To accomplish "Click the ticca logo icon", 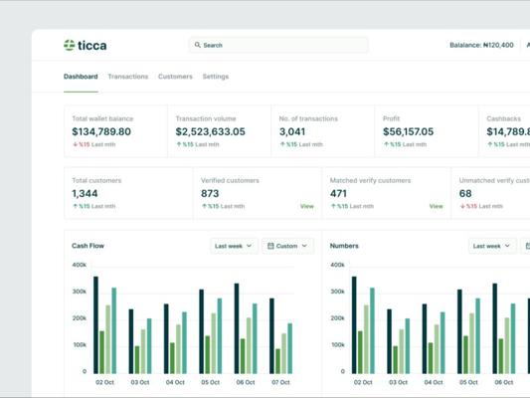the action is pyautogui.click(x=70, y=45).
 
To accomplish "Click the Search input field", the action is pyautogui.click(x=278, y=45).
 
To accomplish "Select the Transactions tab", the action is pyautogui.click(x=127, y=77).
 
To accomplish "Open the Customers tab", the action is pyautogui.click(x=175, y=77).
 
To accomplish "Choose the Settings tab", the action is pyautogui.click(x=216, y=77).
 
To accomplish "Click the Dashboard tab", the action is pyautogui.click(x=81, y=77).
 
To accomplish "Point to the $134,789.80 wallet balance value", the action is pyautogui.click(x=101, y=131).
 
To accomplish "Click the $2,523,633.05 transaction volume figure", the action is pyautogui.click(x=210, y=131).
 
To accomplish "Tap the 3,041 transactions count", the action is pyautogui.click(x=292, y=131).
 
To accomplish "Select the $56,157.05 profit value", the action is pyautogui.click(x=409, y=131).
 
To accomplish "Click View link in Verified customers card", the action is pyautogui.click(x=307, y=206).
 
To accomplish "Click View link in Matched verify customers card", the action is pyautogui.click(x=437, y=206).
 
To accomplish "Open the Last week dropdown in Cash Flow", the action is pyautogui.click(x=234, y=246).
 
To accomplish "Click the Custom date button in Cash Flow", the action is pyautogui.click(x=287, y=246).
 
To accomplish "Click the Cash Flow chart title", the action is pyautogui.click(x=88, y=246).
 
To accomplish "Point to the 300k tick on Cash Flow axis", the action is pyautogui.click(x=80, y=292).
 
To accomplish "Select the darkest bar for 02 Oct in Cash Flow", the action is pyautogui.click(x=96, y=325).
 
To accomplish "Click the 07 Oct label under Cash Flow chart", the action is pyautogui.click(x=280, y=382).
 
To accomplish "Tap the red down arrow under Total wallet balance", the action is pyautogui.click(x=76, y=144).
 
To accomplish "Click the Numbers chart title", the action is pyautogui.click(x=344, y=246).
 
